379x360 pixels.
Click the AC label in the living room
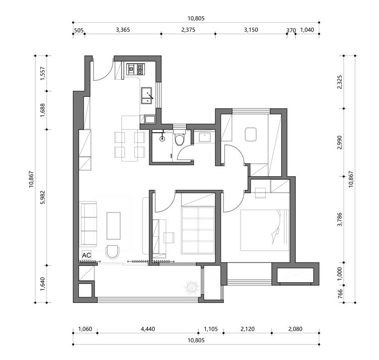86,255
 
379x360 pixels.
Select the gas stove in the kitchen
135,69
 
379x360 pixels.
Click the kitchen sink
147,95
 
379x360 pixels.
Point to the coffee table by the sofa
114,226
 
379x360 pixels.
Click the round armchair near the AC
112,252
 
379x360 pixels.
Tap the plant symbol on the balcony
192,287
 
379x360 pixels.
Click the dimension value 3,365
123,30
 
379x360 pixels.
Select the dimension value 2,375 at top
188,30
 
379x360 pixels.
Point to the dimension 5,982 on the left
43,197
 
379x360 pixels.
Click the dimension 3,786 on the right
340,219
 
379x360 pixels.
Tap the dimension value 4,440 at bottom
148,329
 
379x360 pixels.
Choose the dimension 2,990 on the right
340,142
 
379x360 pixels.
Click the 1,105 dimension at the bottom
211,329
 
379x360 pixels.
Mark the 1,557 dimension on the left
43,73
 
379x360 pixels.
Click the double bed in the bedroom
265,230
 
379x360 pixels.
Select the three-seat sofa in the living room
89,225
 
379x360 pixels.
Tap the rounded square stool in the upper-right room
251,134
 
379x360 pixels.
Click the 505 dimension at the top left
78,31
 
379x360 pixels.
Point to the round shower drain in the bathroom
162,138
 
